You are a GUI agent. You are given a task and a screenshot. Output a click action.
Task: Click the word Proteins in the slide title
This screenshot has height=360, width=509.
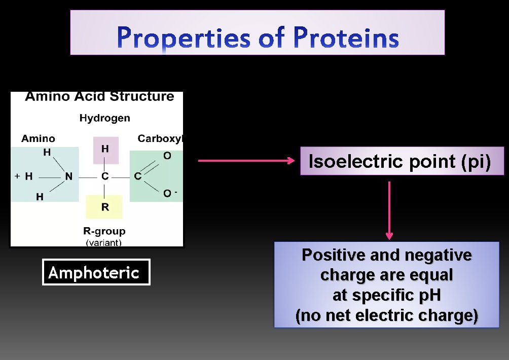[345, 39]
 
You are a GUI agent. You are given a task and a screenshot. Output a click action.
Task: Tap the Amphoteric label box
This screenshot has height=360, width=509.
[96, 272]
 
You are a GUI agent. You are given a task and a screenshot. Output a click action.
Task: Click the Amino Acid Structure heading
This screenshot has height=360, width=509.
[99, 97]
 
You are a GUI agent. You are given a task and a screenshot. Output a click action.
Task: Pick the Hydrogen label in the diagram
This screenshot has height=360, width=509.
[104, 118]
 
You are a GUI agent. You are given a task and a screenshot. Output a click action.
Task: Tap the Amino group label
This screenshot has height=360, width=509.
[38, 138]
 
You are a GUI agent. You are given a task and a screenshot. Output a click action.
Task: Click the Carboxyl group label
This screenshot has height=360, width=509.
[160, 138]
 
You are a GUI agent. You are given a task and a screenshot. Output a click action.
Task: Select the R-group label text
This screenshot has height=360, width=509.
[104, 231]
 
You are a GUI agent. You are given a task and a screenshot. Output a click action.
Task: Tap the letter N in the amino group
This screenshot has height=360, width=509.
[68, 177]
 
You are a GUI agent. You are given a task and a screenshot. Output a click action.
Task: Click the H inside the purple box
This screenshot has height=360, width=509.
[105, 149]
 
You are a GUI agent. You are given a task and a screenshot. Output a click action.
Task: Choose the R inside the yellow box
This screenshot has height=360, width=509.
[104, 207]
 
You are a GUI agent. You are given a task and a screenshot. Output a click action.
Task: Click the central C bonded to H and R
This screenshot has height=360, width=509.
[105, 177]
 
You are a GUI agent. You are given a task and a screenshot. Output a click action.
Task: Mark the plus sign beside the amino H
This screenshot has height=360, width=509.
[17, 176]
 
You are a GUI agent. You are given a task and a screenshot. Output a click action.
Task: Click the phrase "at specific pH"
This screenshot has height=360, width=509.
[386, 295]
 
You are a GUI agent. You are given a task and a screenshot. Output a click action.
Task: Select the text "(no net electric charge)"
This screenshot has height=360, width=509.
[386, 315]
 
